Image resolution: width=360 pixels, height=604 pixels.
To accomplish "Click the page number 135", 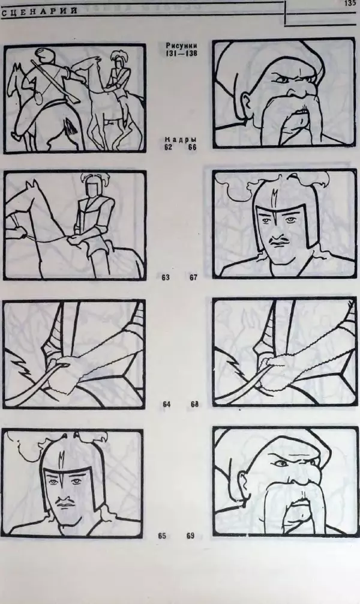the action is click(x=350, y=4).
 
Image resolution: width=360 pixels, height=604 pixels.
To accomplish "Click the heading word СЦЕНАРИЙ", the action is click(x=39, y=11).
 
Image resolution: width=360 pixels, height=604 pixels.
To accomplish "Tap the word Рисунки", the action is click(x=181, y=46).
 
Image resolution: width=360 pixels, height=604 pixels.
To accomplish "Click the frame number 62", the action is click(x=168, y=147).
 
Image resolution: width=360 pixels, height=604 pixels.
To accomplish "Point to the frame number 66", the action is click(x=192, y=147).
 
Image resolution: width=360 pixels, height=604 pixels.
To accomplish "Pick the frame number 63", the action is click(x=166, y=277).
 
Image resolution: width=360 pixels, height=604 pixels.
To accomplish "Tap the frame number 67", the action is click(x=193, y=277).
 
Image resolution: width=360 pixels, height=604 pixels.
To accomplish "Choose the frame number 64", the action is click(x=166, y=404).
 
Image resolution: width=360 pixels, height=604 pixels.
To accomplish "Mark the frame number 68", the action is click(x=194, y=404).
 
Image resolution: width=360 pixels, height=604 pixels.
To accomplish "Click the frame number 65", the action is click(x=162, y=536).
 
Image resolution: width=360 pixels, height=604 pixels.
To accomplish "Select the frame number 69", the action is click(x=191, y=536).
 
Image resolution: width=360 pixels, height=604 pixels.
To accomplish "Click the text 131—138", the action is click(x=181, y=53).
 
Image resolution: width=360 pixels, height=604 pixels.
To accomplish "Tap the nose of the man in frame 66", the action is click(x=297, y=92).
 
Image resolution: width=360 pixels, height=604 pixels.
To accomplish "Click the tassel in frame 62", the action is click(x=70, y=126).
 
